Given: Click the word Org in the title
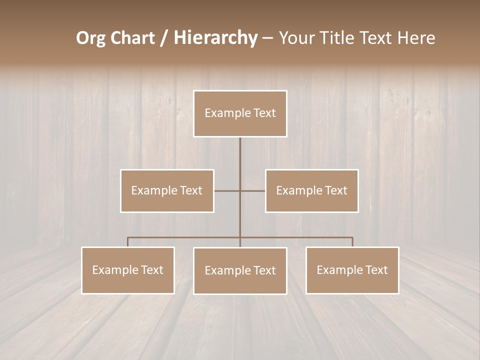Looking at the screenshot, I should coord(90,38).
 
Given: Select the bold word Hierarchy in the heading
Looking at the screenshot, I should coord(215,38).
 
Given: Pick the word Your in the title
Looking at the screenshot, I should coord(295,38).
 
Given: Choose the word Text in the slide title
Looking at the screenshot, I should coord(377,38).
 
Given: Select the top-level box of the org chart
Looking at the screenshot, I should coord(240,113).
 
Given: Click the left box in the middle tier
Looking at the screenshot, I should coord(167,190).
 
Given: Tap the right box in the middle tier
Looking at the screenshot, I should coord(312,190).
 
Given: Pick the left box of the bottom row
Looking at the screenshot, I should coord(128,270).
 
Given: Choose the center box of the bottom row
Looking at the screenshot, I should coord(240,270).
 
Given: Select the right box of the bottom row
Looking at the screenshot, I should coord(352,270).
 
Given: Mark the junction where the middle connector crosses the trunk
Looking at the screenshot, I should coord(240,190).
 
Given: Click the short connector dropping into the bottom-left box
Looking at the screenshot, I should coord(128,242).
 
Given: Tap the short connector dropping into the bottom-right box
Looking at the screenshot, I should coord(352,242).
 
